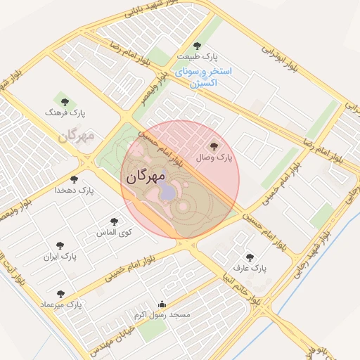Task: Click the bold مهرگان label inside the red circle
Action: (x=146, y=176)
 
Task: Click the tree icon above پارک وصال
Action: (x=214, y=146)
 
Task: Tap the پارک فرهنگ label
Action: (x=65, y=112)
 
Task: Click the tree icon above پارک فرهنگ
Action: (x=65, y=101)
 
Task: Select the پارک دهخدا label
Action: (x=74, y=191)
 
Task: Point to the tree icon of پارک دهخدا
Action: (x=74, y=179)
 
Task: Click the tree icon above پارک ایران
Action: (x=60, y=245)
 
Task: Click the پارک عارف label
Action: (x=250, y=269)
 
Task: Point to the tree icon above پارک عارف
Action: (x=249, y=257)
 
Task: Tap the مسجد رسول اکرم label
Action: (x=162, y=316)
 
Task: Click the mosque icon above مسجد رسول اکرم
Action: (x=162, y=304)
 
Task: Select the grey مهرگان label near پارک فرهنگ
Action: (x=77, y=135)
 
